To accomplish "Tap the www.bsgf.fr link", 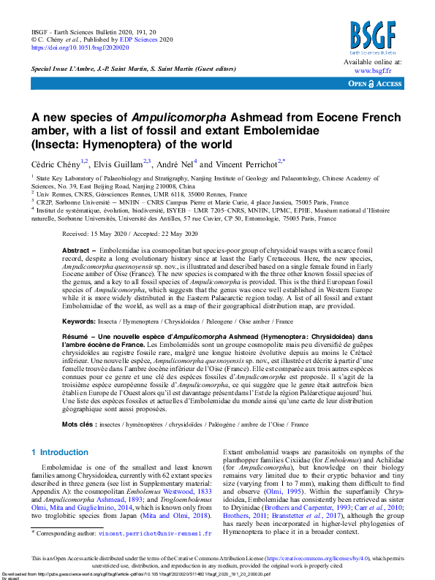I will point(372,71).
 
